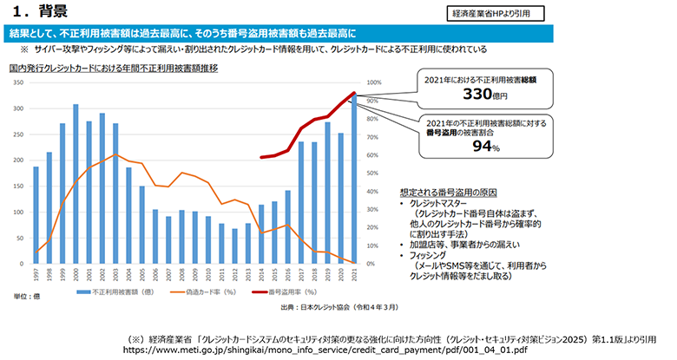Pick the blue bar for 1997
(x=36, y=214)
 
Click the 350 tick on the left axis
(x=16, y=82)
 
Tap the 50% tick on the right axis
(x=374, y=173)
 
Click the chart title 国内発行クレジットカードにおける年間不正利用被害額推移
(x=113, y=67)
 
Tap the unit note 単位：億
(x=23, y=297)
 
